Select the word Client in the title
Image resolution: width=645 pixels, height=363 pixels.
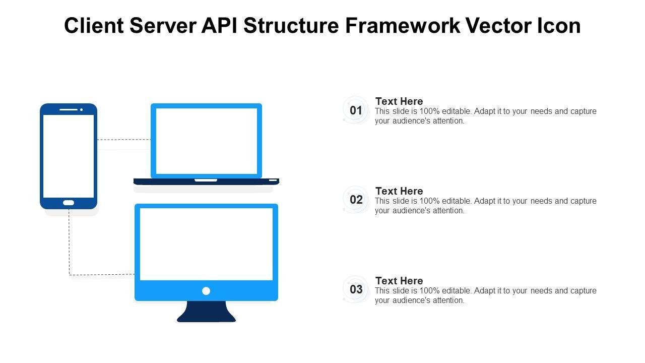[x=94, y=26]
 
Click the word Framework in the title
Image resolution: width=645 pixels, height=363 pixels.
[x=402, y=26]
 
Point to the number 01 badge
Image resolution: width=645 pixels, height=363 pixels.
[x=356, y=110]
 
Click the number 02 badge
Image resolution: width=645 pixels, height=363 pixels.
[x=356, y=200]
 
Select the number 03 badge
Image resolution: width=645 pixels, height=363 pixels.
[x=356, y=289]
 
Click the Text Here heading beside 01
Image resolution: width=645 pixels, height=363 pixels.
[x=399, y=101]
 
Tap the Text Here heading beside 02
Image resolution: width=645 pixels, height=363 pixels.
[x=399, y=191]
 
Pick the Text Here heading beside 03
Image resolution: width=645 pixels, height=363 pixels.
[x=399, y=281]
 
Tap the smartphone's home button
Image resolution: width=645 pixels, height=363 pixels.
[x=69, y=203]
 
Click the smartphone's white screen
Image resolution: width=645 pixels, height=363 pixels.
[x=69, y=156]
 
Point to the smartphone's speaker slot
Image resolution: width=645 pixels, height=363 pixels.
[x=68, y=109]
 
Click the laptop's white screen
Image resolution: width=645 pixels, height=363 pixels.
[x=206, y=141]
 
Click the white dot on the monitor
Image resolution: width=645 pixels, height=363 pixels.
[x=206, y=291]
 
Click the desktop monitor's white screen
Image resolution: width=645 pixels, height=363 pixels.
[x=206, y=244]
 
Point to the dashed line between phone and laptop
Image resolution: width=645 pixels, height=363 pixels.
[x=123, y=140]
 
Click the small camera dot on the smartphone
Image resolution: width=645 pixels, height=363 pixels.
[x=81, y=109]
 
